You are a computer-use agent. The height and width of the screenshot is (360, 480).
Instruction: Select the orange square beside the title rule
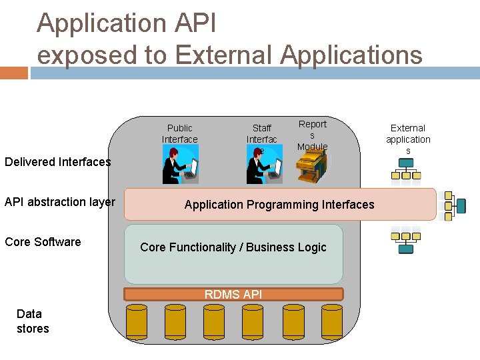tap(14, 73)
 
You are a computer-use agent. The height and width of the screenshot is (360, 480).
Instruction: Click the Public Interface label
tap(179, 133)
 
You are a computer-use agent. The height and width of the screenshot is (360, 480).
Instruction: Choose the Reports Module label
tap(312, 135)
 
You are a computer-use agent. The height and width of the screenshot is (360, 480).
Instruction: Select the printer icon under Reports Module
tap(312, 166)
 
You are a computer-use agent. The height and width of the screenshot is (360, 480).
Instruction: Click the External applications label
tap(408, 139)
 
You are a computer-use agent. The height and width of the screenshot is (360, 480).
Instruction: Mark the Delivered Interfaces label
tap(58, 162)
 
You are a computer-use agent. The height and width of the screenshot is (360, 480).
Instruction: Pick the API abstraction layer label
tap(60, 202)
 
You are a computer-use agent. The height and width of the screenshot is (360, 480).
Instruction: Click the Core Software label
tap(43, 242)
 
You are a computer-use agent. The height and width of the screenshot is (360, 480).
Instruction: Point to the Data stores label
tap(33, 321)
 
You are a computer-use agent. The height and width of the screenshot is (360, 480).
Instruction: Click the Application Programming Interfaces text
tap(279, 205)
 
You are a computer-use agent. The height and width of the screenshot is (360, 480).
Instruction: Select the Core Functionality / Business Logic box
tap(233, 253)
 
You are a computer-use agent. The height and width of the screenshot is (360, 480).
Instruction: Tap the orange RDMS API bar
tap(233, 294)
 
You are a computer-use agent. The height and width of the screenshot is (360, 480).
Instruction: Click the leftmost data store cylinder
tap(137, 321)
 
